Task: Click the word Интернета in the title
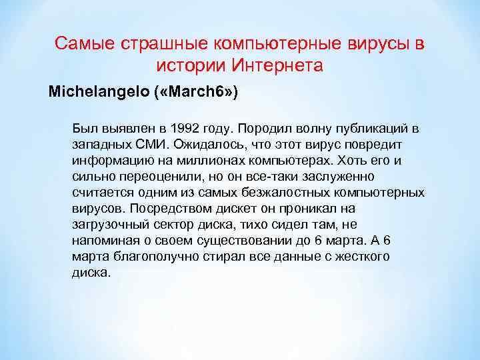tap(277, 66)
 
